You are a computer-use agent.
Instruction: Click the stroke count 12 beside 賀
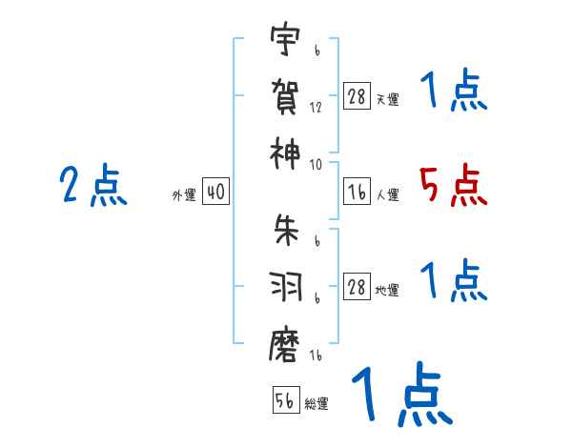pyautogui.click(x=316, y=109)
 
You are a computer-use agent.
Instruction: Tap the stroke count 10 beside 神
pyautogui.click(x=316, y=164)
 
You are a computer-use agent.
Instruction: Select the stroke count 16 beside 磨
pyautogui.click(x=316, y=356)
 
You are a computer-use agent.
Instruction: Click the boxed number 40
pyautogui.click(x=214, y=193)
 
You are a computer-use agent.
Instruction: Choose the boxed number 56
pyautogui.click(x=285, y=400)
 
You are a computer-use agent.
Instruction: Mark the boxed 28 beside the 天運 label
pyautogui.click(x=357, y=96)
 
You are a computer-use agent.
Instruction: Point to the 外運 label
pyautogui.click(x=183, y=194)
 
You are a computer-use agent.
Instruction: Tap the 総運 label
pyautogui.click(x=317, y=403)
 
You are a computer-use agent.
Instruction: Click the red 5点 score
pyautogui.click(x=453, y=185)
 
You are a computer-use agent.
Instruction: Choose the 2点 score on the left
pyautogui.click(x=92, y=185)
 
